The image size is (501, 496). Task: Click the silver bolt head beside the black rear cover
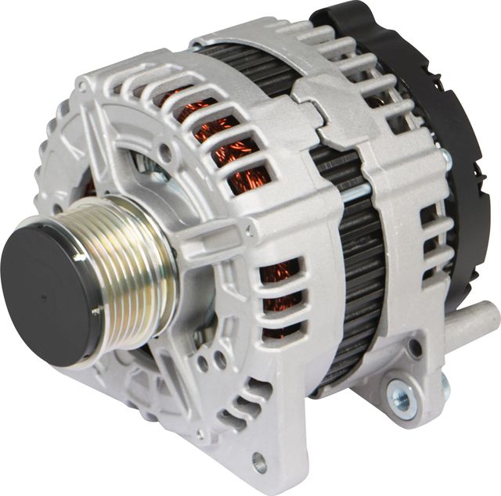coord(446,160)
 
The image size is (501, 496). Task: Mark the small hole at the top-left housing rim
coord(81,110)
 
